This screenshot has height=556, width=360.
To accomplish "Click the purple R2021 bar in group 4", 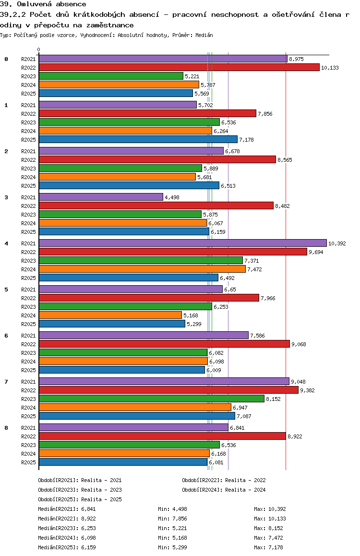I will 182,243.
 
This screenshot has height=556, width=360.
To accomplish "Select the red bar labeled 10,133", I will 179,68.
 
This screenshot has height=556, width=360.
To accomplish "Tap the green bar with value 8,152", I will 151,399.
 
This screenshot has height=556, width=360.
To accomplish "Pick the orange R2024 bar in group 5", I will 110,315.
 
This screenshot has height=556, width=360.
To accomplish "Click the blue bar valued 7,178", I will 138,140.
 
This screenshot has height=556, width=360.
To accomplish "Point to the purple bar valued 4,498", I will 101,197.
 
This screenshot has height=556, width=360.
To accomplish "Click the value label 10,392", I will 337,243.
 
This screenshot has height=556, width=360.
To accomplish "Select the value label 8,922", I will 295,436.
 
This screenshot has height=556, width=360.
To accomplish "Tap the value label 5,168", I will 191,315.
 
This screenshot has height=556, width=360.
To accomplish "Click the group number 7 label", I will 6,381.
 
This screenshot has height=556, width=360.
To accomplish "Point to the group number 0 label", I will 6,59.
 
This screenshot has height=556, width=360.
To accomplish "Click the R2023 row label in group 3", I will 29,215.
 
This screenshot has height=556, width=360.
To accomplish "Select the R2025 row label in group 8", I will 29,462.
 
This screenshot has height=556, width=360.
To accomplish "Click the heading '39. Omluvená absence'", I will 43,4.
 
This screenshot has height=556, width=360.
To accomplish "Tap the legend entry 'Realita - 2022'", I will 245,480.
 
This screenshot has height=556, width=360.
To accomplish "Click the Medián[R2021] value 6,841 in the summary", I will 89,509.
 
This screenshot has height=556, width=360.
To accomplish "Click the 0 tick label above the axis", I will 39,50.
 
